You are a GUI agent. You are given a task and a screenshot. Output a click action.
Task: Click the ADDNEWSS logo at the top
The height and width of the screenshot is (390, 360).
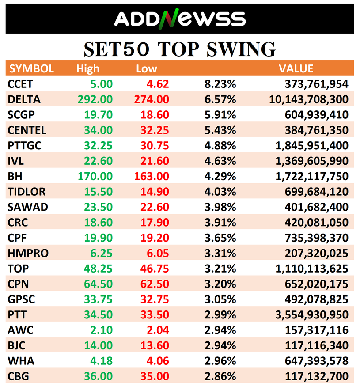(180, 19)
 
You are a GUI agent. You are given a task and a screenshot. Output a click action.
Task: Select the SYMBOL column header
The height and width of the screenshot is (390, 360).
(32, 68)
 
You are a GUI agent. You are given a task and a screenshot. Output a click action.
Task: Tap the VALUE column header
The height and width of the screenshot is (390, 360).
(296, 68)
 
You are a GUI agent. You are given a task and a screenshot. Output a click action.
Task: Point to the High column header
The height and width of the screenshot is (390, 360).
(88, 68)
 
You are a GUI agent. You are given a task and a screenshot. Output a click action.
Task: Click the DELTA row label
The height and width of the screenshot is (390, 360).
(24, 99)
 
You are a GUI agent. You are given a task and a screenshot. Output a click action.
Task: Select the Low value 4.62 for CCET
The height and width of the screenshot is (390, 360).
(157, 84)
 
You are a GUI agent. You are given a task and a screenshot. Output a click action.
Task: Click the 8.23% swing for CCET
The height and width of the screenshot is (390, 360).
(220, 84)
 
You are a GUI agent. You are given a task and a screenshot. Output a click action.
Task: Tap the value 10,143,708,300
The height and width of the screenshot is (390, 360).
(308, 99)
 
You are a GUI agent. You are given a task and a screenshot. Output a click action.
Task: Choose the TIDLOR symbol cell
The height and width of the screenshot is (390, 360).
(27, 192)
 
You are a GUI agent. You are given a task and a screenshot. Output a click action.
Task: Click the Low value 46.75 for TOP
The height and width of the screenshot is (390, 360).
(152, 269)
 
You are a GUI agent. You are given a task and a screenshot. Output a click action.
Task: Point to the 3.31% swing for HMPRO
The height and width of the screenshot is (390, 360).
(220, 253)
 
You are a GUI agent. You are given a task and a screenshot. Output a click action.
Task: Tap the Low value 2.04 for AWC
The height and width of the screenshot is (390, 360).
(157, 330)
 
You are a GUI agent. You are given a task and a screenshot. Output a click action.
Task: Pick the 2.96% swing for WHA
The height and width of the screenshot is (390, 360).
(220, 361)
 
